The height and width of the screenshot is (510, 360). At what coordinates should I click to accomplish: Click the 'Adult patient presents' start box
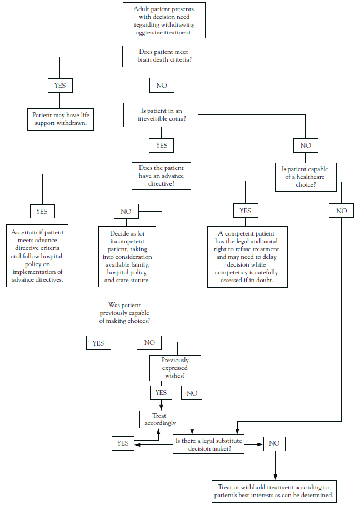tap(164, 21)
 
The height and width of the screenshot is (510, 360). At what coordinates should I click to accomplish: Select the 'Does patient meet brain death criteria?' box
tap(164, 56)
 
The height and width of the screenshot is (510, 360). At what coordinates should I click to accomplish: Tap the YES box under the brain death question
tap(60, 86)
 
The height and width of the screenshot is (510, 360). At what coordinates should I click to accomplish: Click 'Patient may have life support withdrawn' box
tap(61, 119)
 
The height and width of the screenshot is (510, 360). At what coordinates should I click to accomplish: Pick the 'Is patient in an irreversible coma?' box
tap(161, 115)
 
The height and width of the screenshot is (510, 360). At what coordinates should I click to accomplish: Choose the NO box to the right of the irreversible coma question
tap(306, 146)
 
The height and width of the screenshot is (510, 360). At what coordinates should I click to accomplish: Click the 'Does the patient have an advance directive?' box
tap(161, 176)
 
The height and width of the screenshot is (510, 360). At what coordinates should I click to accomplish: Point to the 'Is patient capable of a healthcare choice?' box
tap(306, 177)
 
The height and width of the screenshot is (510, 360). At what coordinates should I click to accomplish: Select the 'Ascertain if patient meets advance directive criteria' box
tap(37, 256)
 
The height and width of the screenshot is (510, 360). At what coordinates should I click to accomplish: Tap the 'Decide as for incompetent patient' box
tap(127, 257)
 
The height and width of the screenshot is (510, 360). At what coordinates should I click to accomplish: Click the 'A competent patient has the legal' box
tap(247, 257)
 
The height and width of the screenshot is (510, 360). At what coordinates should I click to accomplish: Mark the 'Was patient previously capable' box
tap(124, 313)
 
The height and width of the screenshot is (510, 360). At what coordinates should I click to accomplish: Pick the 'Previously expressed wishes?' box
tap(175, 368)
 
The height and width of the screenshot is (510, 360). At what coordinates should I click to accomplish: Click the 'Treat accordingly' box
tap(160, 419)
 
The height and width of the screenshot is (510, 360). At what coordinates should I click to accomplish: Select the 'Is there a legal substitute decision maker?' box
tap(208, 444)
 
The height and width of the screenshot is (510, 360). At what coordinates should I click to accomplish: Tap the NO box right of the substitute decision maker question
tap(274, 444)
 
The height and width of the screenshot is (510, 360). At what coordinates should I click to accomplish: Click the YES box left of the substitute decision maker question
tap(123, 443)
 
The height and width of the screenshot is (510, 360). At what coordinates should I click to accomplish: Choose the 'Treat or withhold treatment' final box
tap(274, 491)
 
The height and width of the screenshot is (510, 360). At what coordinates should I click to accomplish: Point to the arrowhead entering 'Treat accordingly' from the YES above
tap(161, 408)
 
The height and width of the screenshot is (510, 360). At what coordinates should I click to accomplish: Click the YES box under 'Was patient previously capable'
tap(98, 343)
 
